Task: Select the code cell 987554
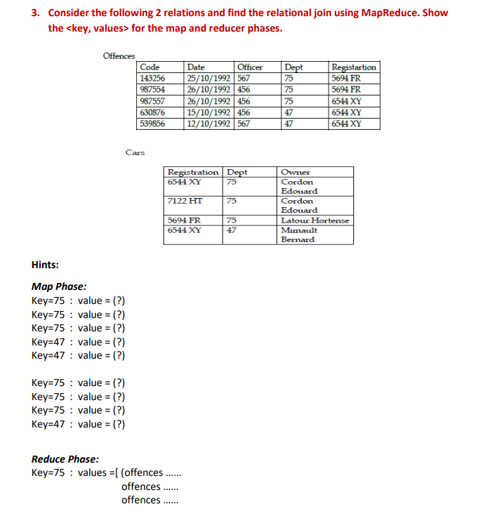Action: (x=152, y=89)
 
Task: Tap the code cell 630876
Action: (x=152, y=112)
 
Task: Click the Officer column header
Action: (x=250, y=67)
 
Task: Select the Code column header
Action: (x=150, y=67)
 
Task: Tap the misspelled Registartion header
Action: (x=353, y=67)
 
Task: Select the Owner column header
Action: (x=295, y=172)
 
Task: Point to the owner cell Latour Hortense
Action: (x=314, y=220)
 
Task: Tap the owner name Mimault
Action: (x=298, y=230)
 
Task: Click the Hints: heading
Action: (x=46, y=265)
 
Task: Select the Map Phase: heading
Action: (x=59, y=286)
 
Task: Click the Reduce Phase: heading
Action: (x=65, y=459)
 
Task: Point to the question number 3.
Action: (x=35, y=13)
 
